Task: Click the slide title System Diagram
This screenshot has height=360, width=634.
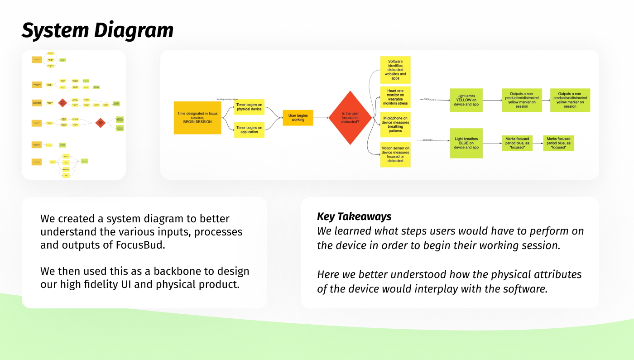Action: point(97,30)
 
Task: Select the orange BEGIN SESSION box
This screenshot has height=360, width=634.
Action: point(197,117)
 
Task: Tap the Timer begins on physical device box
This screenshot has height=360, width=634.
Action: point(249,106)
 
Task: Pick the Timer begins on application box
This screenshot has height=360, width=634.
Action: point(249,130)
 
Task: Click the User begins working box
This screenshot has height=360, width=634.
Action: point(298,118)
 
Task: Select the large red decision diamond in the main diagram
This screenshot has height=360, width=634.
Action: point(350,118)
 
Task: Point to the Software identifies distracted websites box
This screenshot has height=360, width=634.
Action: point(395,70)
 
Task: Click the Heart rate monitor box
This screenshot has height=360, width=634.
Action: point(395,97)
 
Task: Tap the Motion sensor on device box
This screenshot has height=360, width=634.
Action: point(395,154)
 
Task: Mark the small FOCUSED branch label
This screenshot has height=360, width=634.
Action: point(428,140)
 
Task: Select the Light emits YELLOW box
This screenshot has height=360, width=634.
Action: point(466,100)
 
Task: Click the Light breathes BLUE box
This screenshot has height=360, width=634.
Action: point(466,143)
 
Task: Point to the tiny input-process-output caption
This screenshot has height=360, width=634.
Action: point(227,99)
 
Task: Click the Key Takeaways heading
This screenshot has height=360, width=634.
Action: point(354,216)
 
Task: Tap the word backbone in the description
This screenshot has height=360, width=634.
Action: point(181,271)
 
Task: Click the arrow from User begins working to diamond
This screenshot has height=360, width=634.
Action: point(321,118)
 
